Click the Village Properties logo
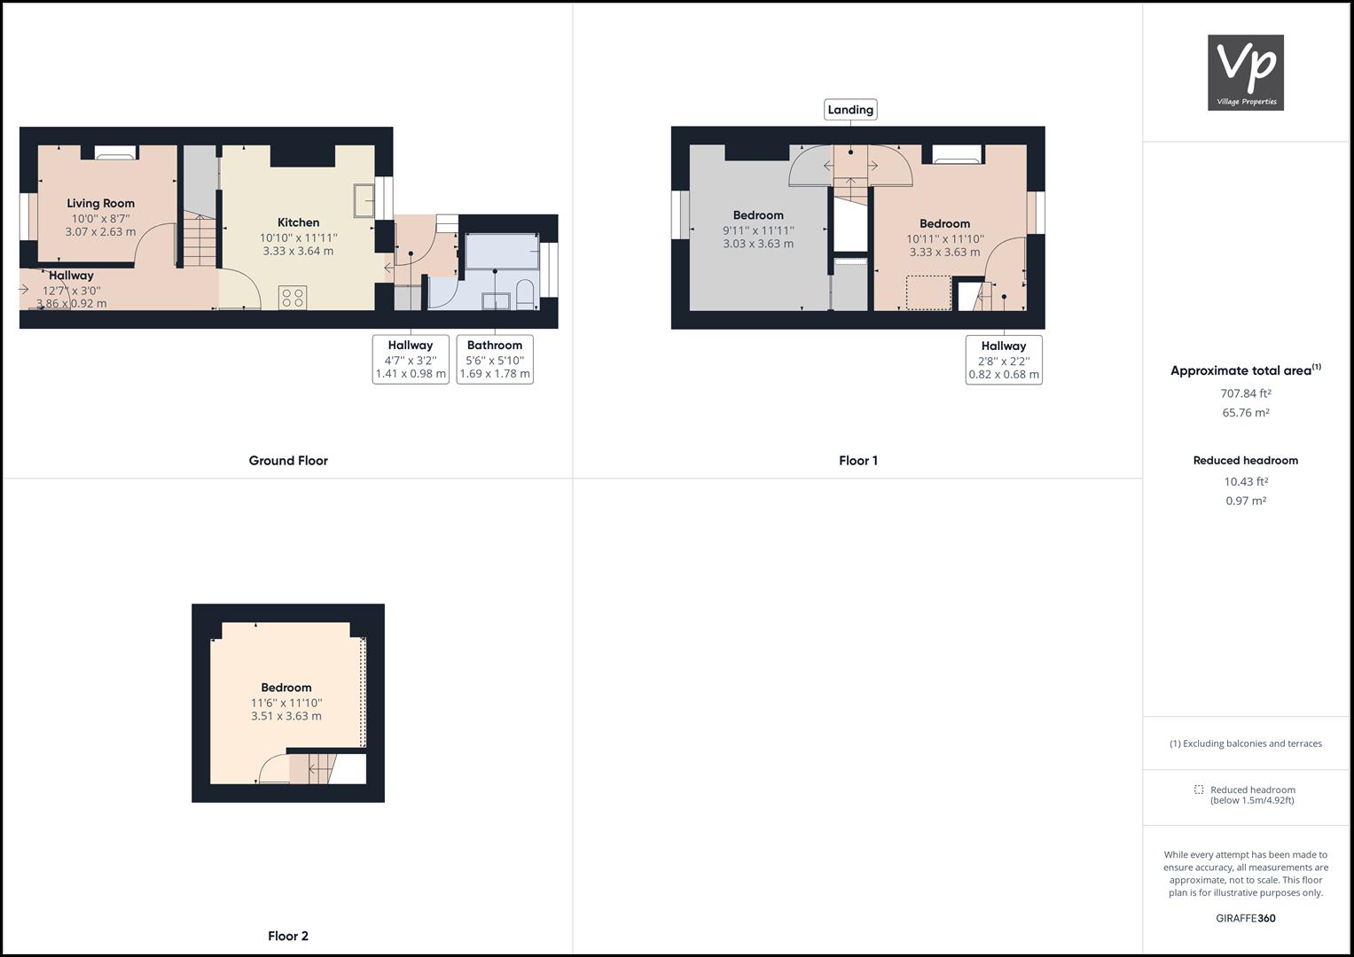1245,73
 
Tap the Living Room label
100,203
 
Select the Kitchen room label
298,222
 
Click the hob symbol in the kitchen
293,297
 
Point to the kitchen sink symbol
363,200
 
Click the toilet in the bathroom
524,295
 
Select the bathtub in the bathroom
502,251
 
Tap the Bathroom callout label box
495,359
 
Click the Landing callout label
850,110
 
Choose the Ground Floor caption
288,461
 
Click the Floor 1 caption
857,461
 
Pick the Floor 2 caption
288,936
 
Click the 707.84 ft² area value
1245,393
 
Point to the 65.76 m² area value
1245,413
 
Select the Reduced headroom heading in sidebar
1245,461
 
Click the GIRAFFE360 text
1245,918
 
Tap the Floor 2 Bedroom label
286,688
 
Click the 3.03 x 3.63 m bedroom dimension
758,244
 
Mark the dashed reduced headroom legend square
1199,790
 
